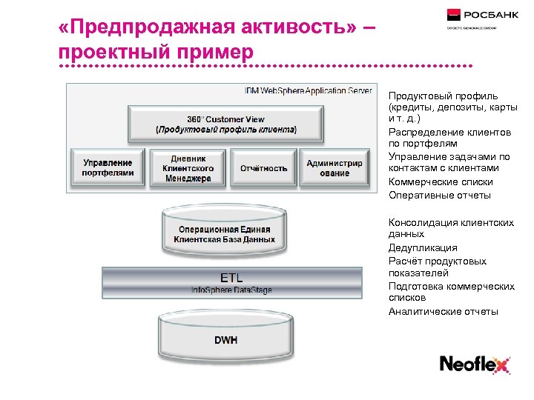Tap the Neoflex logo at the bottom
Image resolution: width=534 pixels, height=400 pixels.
tap(475, 364)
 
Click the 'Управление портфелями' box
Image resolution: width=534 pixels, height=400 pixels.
tap(108, 168)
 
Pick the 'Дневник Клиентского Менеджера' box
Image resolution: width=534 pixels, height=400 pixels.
tap(188, 168)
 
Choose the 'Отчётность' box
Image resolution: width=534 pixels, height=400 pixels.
tap(263, 168)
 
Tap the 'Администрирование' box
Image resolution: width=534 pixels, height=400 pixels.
tap(334, 168)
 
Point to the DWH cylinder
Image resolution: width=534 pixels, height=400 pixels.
tap(225, 340)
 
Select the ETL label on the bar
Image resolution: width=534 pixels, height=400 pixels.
tap(231, 277)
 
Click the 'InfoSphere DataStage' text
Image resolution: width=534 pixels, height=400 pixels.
tap(231, 290)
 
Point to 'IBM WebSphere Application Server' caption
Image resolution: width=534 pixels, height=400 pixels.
tap(308, 90)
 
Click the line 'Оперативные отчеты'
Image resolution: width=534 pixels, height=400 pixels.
tap(440, 196)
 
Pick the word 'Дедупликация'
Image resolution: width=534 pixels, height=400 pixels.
tap(423, 248)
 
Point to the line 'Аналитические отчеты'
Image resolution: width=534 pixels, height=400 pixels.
tap(444, 311)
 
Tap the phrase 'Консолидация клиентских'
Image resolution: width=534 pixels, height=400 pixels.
tap(451, 221)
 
